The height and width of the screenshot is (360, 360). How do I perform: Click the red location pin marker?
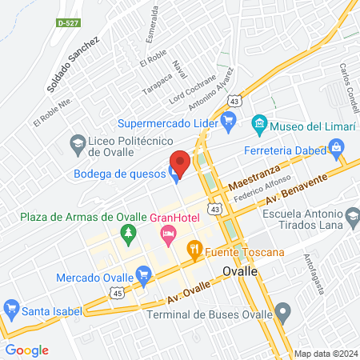tap(179, 162)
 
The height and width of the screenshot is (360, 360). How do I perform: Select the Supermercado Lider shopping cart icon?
tap(228, 123)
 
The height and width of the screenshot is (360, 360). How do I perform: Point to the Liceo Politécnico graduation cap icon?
tap(78, 145)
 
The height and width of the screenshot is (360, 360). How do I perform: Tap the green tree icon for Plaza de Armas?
tap(126, 233)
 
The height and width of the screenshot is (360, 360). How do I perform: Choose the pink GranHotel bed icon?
tap(168, 234)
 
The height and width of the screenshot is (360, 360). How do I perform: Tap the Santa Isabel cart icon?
tap(11, 307)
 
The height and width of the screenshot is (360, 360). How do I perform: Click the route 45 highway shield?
tap(117, 294)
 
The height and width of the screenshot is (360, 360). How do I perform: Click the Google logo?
tap(26, 350)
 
